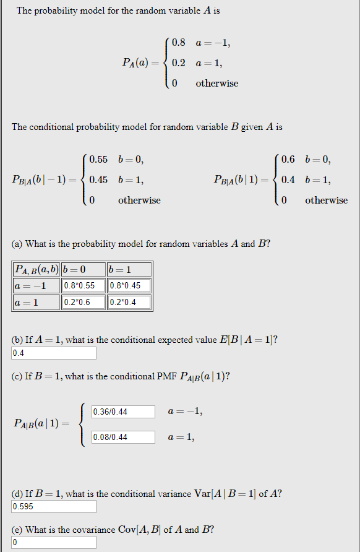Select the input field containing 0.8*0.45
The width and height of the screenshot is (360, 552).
[x=129, y=286]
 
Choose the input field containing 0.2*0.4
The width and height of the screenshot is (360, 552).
[x=129, y=303]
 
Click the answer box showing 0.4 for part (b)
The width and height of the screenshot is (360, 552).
[x=54, y=353]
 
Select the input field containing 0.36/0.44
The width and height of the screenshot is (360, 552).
[x=124, y=412]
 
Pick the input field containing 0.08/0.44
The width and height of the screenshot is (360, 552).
[x=124, y=438]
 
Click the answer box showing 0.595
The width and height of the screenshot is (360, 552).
[x=54, y=507]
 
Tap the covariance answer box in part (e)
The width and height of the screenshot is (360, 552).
[x=54, y=543]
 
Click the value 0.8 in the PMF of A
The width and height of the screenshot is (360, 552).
[x=179, y=43]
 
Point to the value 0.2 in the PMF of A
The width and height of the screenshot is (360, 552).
[x=179, y=63]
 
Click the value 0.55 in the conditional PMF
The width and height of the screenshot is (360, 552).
[x=99, y=160]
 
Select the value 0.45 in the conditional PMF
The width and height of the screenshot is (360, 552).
[x=99, y=180]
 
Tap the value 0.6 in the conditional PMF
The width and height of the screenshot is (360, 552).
[x=288, y=160]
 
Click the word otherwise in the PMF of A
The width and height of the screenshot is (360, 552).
[x=216, y=83]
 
